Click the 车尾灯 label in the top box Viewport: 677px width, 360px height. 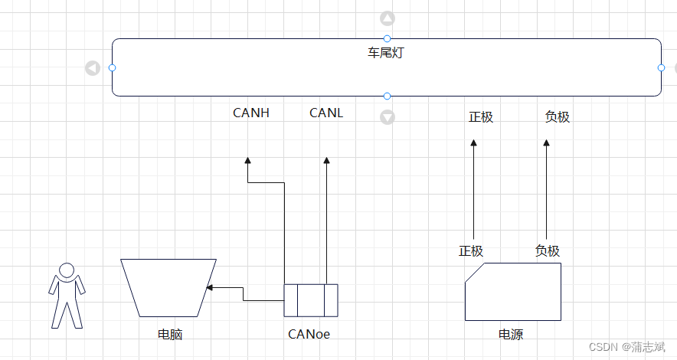coord(387,53)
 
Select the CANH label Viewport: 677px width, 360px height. coord(251,113)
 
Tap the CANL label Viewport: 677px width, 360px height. coord(326,113)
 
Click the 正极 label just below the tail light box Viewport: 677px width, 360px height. coord(481,117)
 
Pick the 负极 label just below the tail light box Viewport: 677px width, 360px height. coord(558,117)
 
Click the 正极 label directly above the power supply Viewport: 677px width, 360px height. coord(471,250)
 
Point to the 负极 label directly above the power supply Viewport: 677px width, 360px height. coord(548,250)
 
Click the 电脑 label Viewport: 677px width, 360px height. coord(170,335)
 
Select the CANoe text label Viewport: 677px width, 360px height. coord(309,334)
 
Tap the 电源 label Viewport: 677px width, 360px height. coord(511,335)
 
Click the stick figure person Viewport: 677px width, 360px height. coord(67,295)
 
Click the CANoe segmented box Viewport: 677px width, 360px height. coord(310,299)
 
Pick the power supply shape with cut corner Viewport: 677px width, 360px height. coord(513,292)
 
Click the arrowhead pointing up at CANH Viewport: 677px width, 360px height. coord(248,160)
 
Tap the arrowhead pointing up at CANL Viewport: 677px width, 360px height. coord(326,160)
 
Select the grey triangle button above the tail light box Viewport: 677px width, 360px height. coord(388,18)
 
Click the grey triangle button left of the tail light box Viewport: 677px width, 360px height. coord(93,68)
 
